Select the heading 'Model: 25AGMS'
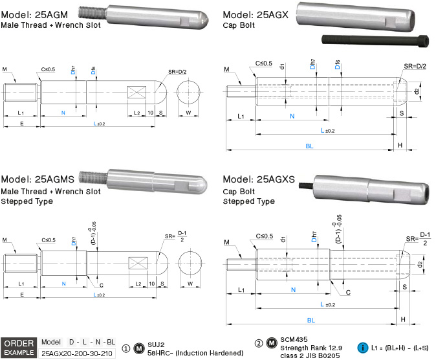[39, 179]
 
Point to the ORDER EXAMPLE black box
[18, 347]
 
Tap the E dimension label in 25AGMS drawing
[22, 295]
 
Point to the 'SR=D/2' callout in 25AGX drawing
[415, 66]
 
